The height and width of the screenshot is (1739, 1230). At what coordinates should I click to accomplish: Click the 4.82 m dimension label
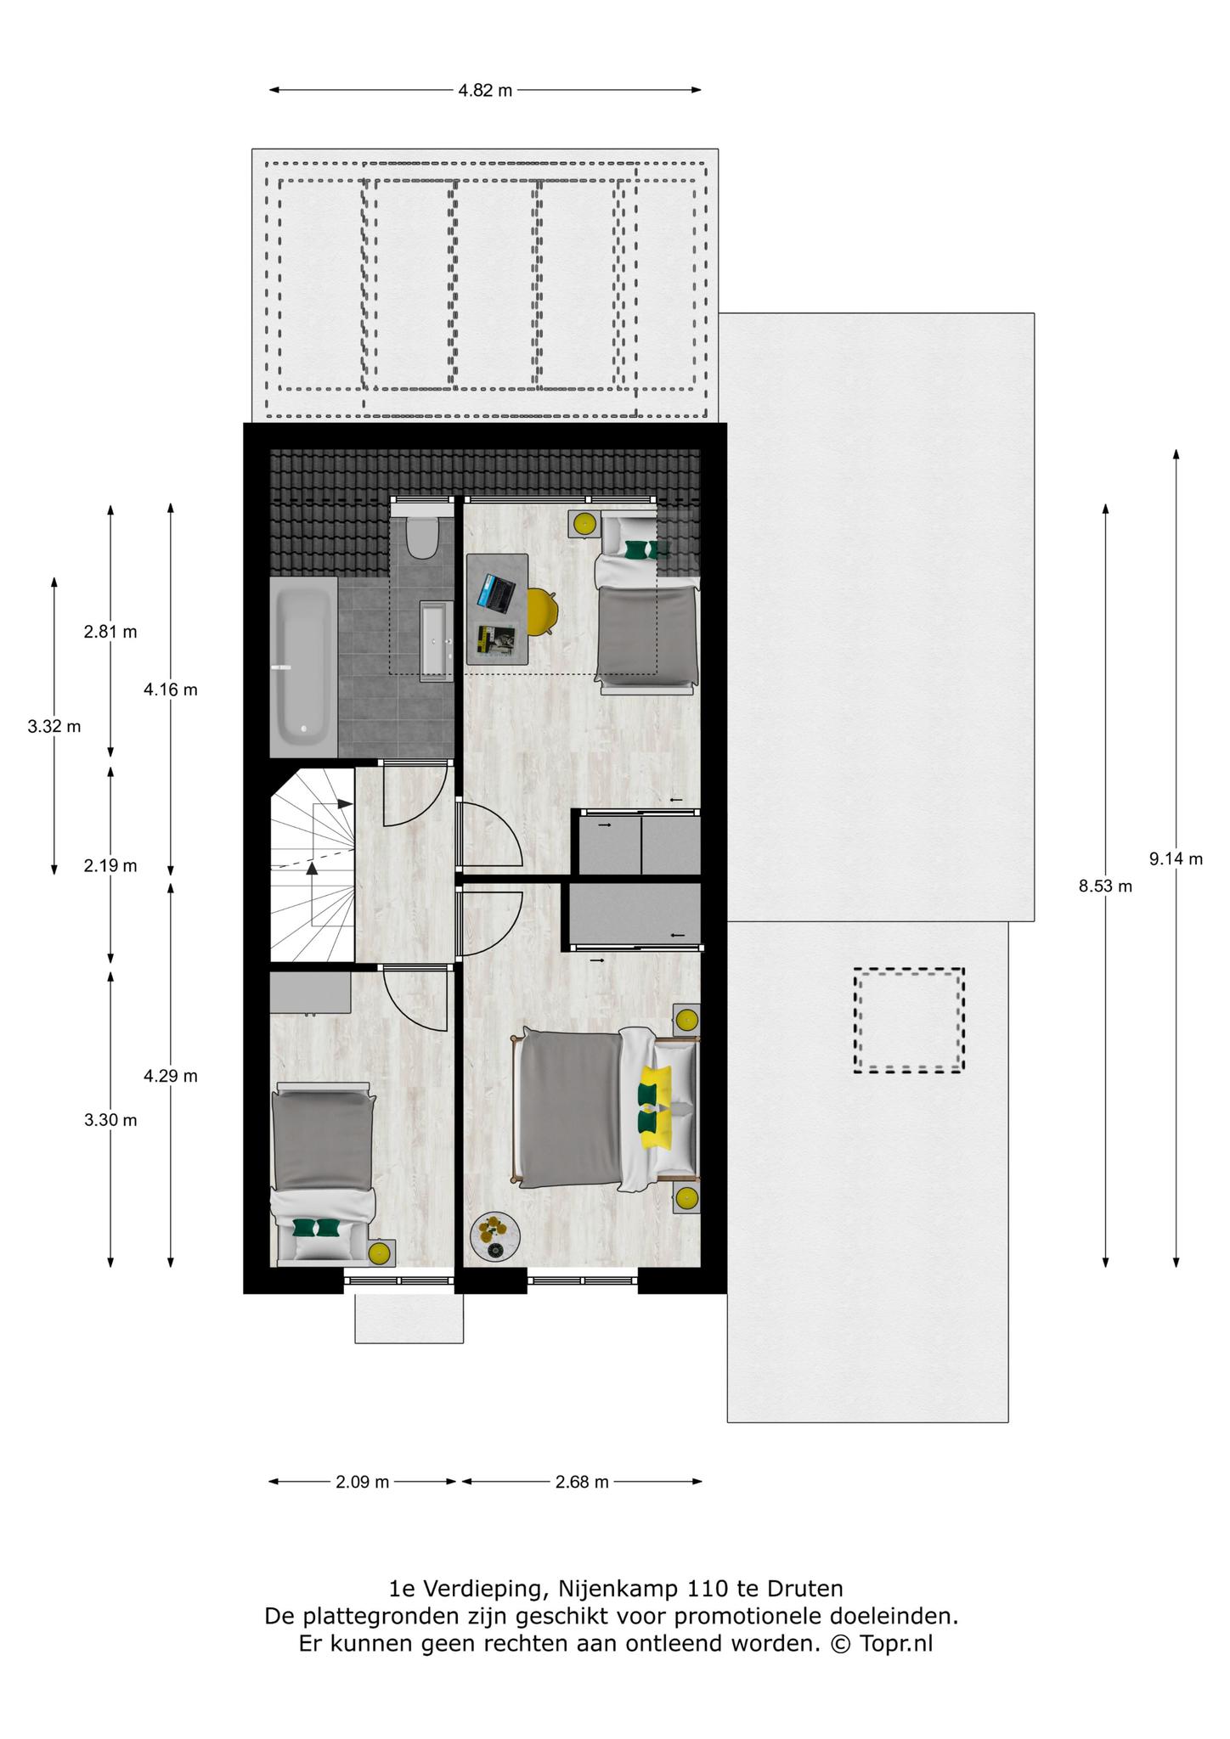485,91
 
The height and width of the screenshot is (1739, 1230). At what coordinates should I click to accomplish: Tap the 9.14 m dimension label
1176,858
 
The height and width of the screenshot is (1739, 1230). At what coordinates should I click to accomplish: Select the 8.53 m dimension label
1105,886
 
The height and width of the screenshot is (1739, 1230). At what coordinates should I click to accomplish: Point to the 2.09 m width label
362,1482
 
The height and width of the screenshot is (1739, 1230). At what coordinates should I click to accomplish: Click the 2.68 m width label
582,1482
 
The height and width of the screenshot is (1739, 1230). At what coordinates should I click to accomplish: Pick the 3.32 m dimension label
54,726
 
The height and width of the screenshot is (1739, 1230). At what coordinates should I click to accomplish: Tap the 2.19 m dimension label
110,866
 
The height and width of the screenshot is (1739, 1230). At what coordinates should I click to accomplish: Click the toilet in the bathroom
421,536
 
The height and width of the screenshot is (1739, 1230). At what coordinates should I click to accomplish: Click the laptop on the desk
497,593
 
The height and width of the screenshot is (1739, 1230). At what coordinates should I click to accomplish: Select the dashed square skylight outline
909,1021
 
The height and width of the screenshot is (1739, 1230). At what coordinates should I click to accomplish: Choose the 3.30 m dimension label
110,1120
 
